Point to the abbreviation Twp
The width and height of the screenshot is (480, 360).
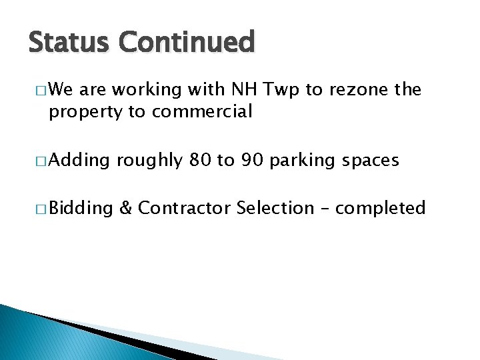tap(283, 90)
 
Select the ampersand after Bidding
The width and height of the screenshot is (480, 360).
tap(125, 209)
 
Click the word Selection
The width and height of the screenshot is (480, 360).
tap(275, 209)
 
